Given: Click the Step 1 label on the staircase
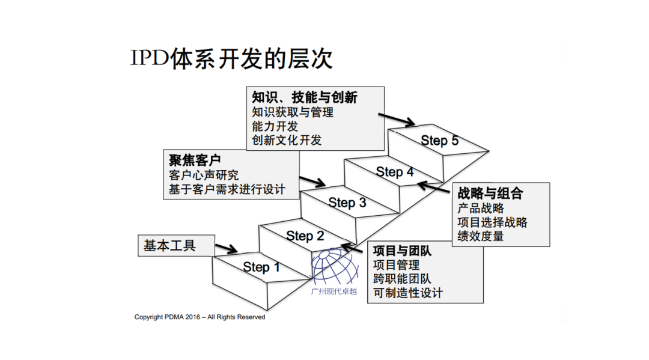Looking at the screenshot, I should tap(261, 267).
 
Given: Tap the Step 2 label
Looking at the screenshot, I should tap(305, 236).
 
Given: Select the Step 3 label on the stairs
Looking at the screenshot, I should tap(347, 203).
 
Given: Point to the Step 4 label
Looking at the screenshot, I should tap(395, 172).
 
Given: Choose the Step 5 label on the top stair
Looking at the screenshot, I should tap(439, 141).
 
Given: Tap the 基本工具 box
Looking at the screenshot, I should tap(170, 246).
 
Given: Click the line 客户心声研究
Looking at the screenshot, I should tap(204, 175).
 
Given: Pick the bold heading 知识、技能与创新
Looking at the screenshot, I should tap(304, 97).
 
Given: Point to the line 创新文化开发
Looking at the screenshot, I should tap(287, 140).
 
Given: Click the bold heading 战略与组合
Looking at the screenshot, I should tap(490, 194).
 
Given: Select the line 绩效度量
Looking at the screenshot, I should tap(480, 236).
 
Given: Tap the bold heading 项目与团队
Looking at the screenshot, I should tap(403, 251).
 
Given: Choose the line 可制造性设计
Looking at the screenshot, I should tap(407, 293).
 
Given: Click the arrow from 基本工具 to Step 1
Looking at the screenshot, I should tap(227, 248).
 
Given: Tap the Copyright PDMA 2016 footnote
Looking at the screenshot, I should tap(200, 317).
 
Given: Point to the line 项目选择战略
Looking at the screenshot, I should tap(492, 222).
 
